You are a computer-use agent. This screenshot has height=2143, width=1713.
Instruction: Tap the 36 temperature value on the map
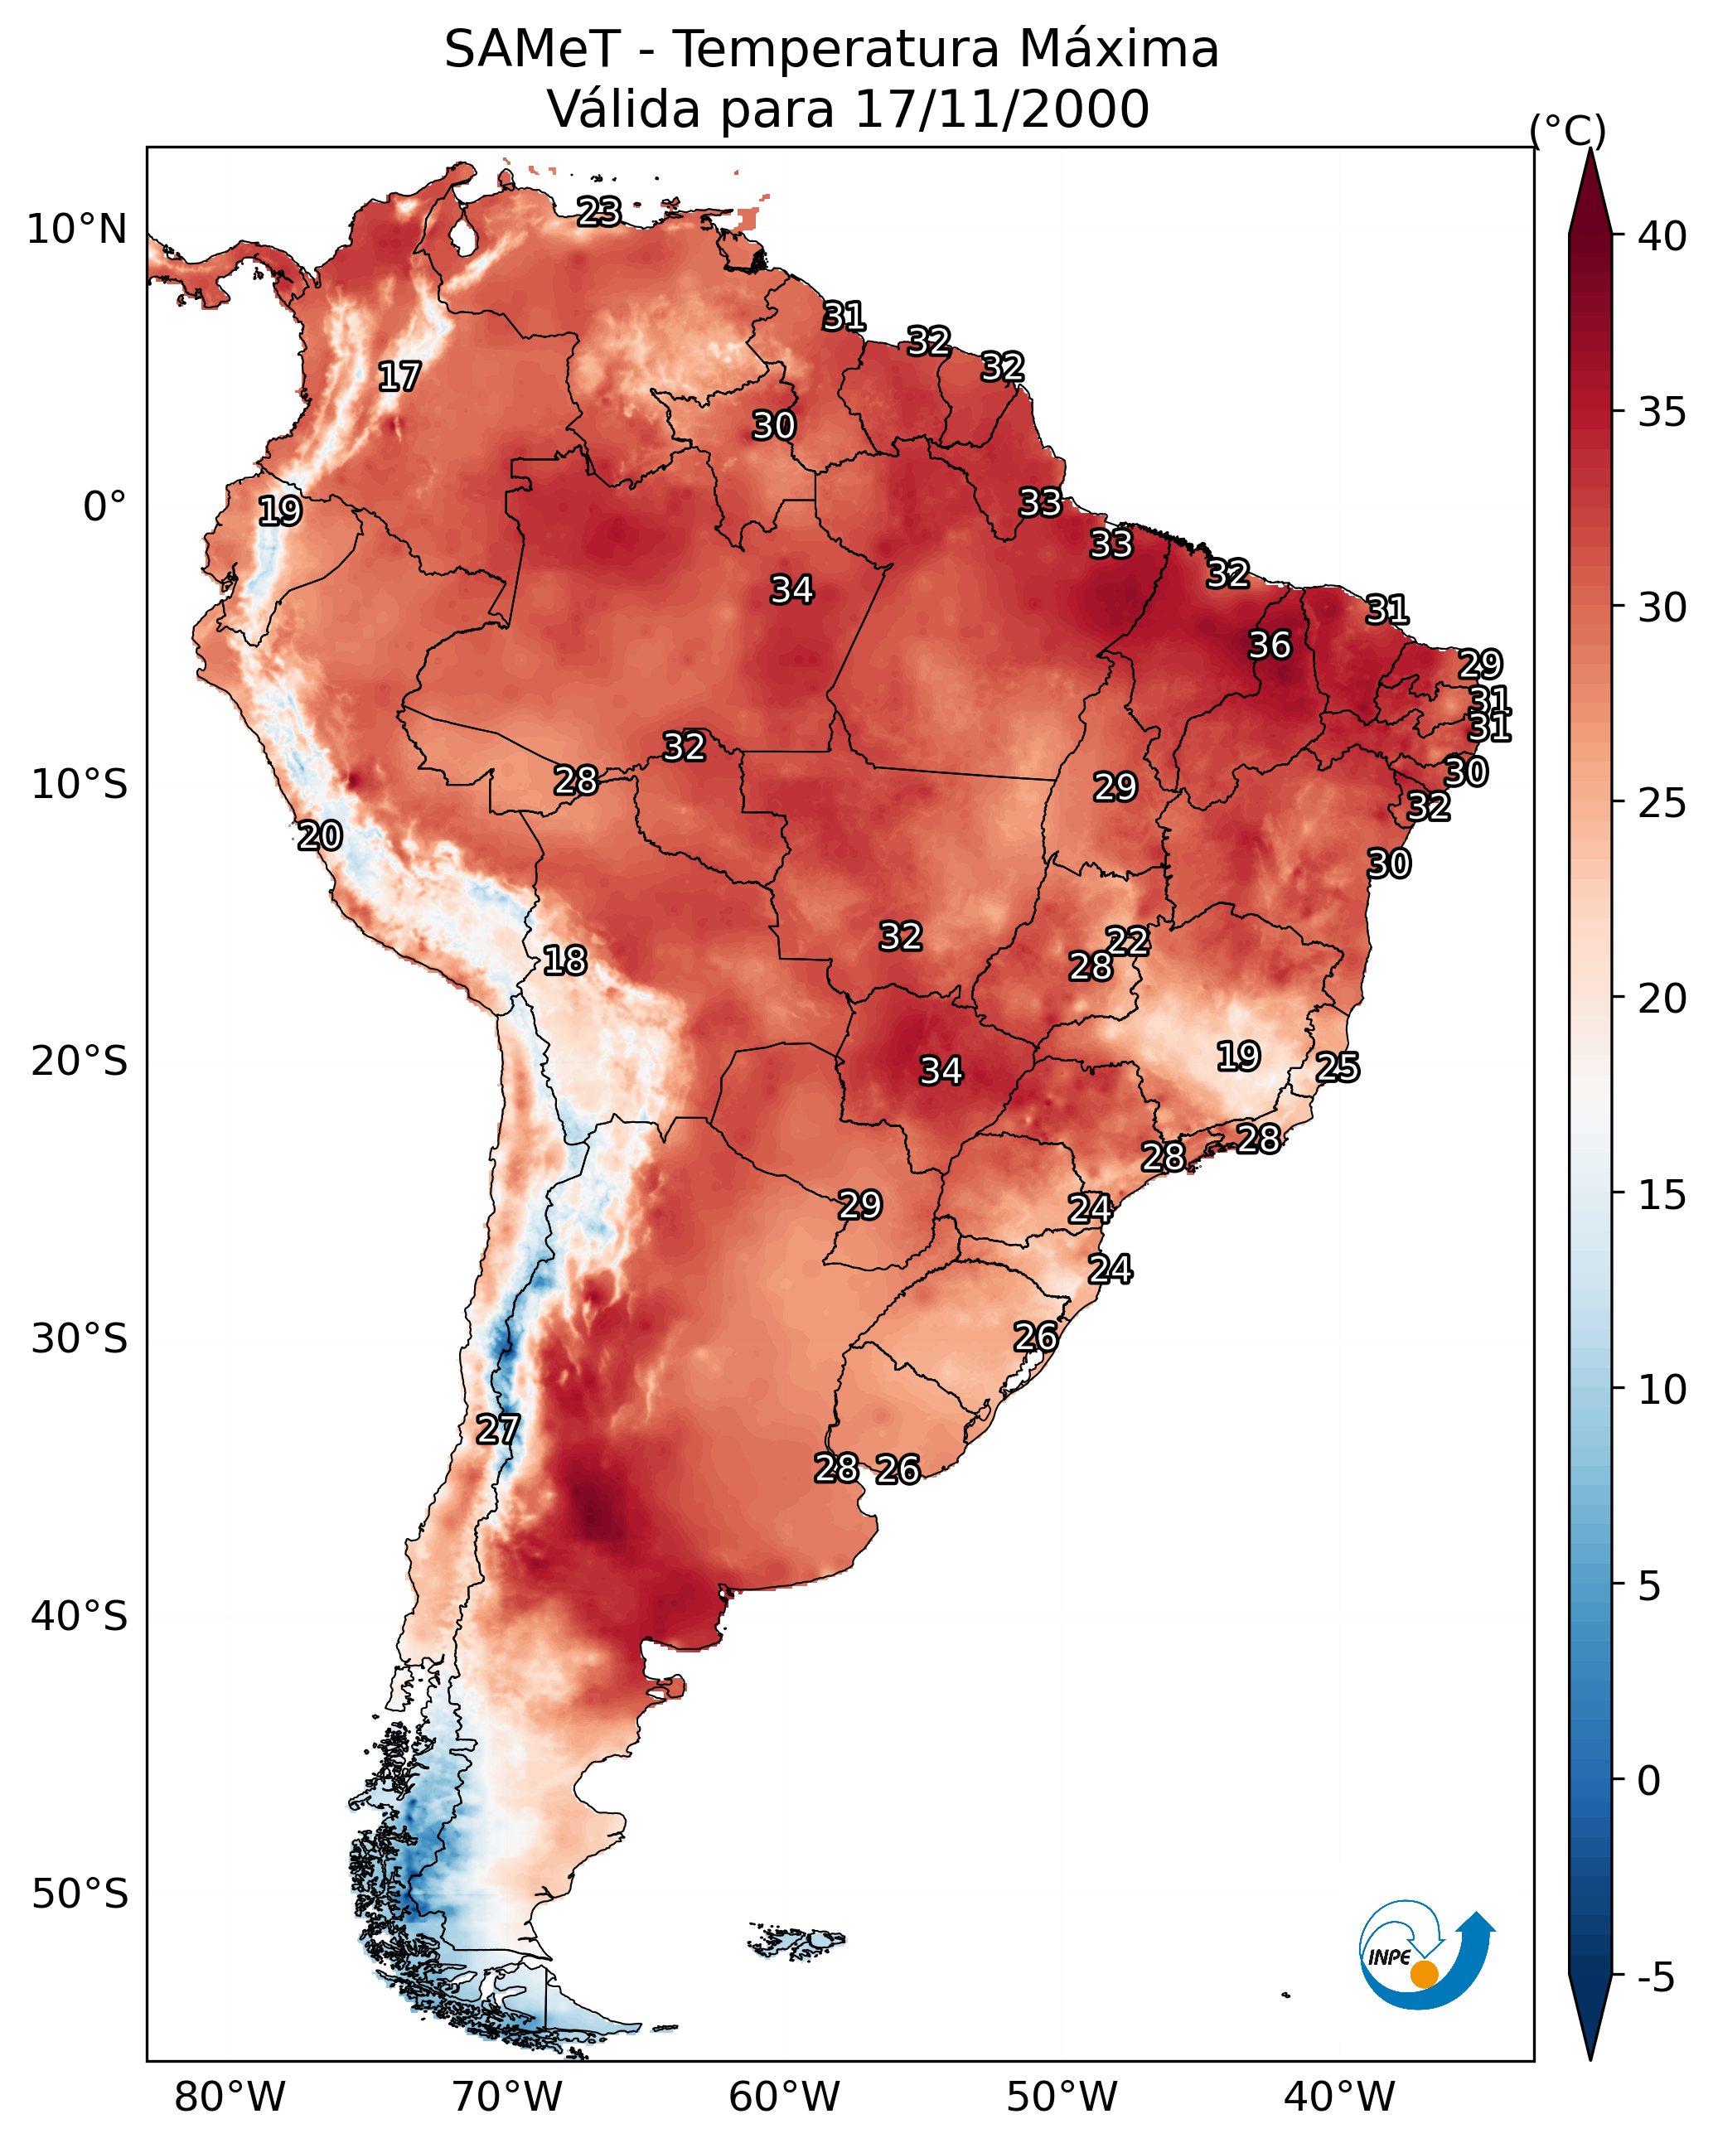(x=1270, y=645)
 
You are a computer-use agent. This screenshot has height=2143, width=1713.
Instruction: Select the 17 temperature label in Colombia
(x=399, y=377)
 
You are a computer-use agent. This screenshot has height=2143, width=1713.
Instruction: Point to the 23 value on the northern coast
(x=599, y=211)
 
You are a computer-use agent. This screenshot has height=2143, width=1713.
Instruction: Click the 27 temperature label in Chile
(x=497, y=1429)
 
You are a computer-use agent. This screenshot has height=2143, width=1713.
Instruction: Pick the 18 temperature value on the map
(x=564, y=960)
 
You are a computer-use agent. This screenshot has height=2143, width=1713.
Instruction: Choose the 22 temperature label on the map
(x=1127, y=941)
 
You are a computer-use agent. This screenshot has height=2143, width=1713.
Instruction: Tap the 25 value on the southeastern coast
(x=1338, y=1067)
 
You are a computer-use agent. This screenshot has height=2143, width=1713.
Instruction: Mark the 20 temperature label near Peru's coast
(x=320, y=836)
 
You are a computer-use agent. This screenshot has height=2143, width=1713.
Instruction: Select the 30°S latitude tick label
(x=80, y=1339)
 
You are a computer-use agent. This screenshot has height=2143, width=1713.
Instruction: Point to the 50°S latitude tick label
(x=80, y=1894)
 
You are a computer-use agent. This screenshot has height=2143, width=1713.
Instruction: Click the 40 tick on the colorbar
(x=1662, y=236)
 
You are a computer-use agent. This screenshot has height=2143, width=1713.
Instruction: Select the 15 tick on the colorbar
(x=1662, y=1195)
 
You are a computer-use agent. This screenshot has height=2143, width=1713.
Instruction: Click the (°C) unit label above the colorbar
(x=1568, y=130)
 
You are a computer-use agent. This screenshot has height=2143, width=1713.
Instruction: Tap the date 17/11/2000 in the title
(x=1001, y=109)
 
